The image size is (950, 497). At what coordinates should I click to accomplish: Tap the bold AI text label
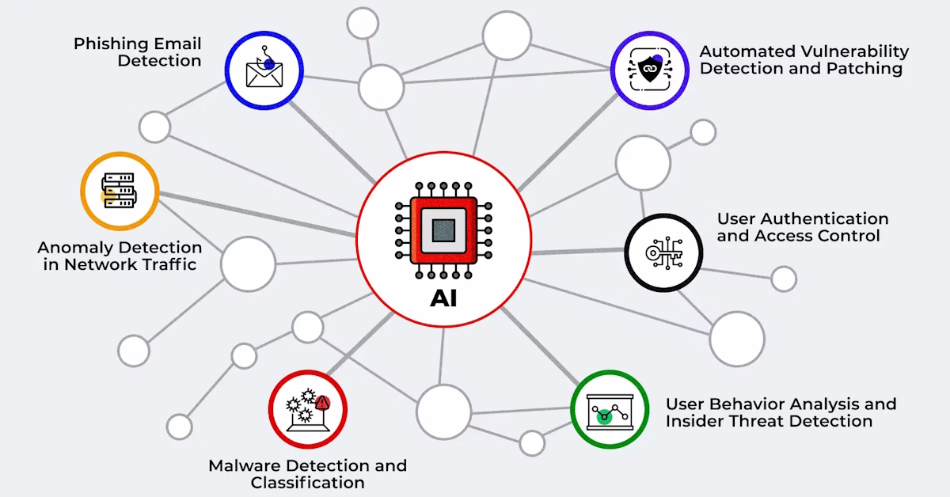tap(443, 300)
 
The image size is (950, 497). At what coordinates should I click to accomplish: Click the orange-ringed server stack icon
tap(120, 192)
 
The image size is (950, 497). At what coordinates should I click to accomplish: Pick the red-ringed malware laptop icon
tap(307, 409)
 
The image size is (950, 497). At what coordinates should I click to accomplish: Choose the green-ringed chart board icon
tap(610, 410)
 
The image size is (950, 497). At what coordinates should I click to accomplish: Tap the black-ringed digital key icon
tap(663, 253)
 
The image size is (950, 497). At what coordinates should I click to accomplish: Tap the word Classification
tap(308, 482)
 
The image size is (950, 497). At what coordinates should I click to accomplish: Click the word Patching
tap(864, 68)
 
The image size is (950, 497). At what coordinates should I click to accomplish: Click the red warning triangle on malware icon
tap(321, 403)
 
